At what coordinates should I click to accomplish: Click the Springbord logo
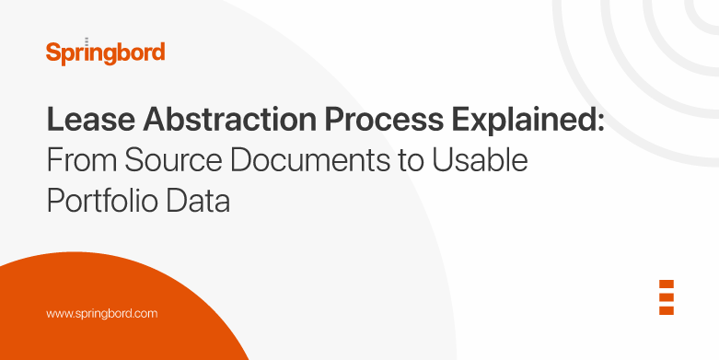pos(105,52)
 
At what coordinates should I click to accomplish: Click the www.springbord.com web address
pos(102,313)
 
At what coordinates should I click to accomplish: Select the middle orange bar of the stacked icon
pos(667,297)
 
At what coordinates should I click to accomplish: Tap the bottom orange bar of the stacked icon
pos(667,310)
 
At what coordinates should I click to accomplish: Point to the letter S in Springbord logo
pos(52,52)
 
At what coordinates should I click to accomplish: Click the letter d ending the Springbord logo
pos(158,52)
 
